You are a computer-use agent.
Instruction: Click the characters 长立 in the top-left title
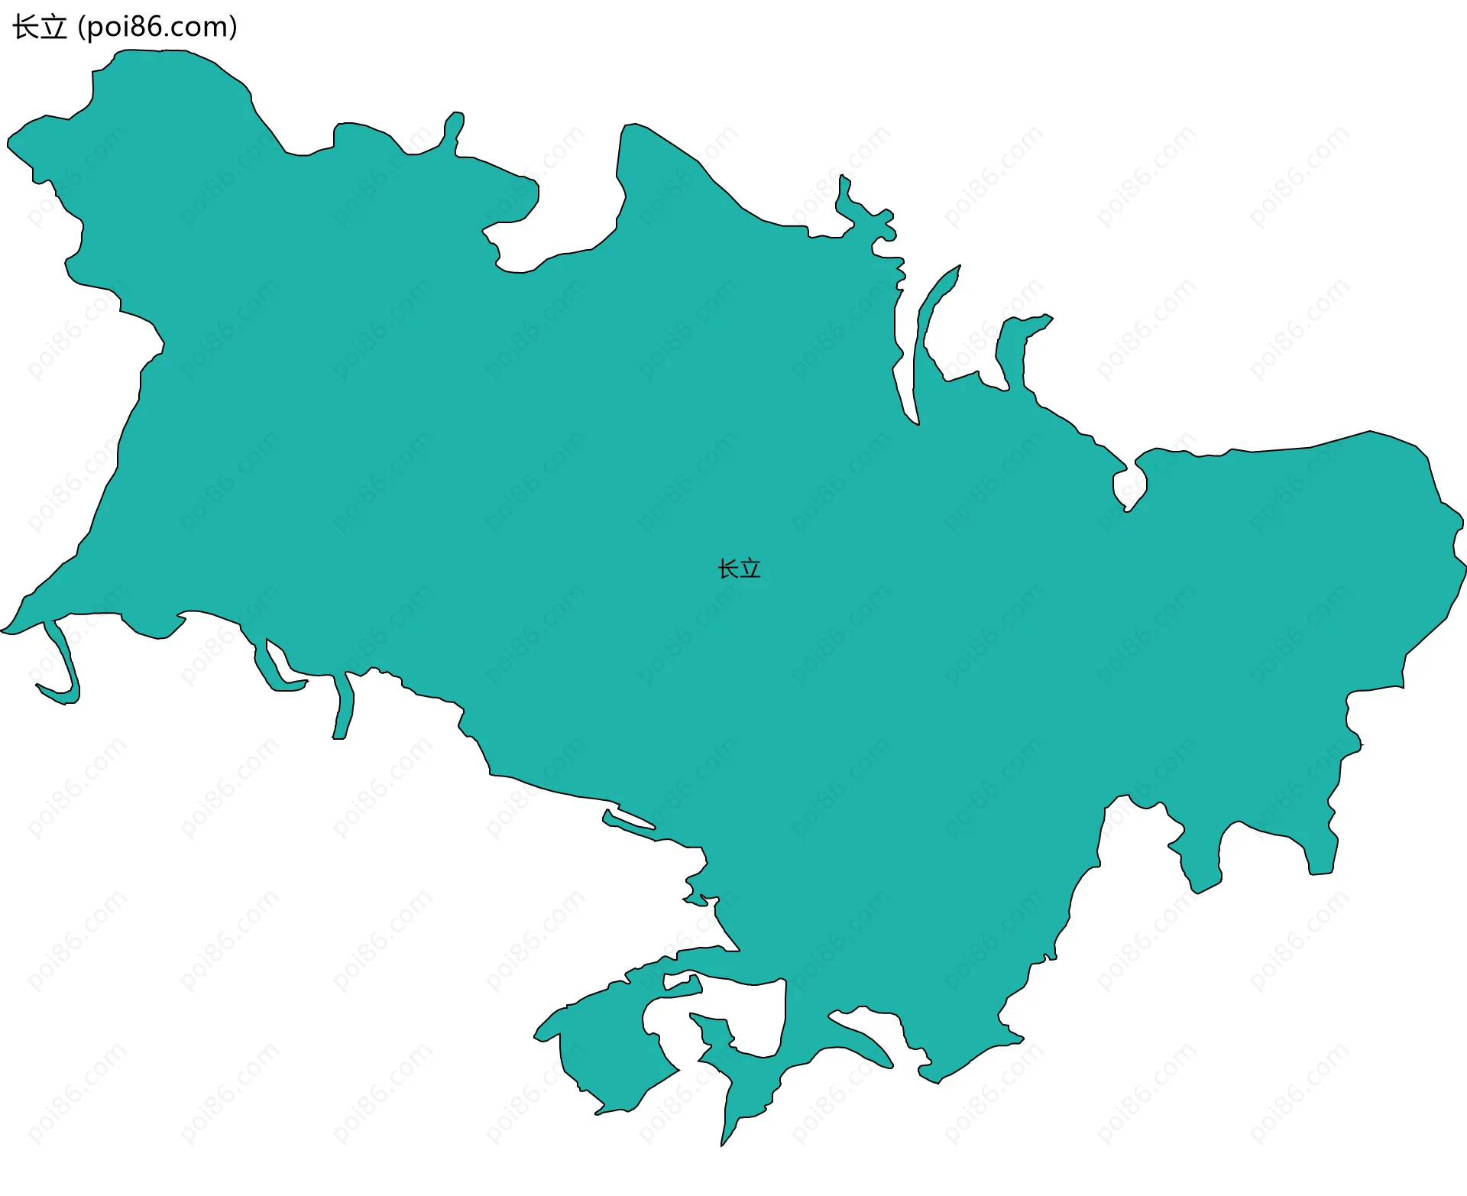click(x=40, y=28)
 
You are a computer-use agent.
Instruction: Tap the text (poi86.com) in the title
click(x=158, y=28)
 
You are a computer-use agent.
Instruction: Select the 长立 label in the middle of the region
click(x=739, y=569)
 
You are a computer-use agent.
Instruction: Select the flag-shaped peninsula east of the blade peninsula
click(x=1016, y=344)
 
